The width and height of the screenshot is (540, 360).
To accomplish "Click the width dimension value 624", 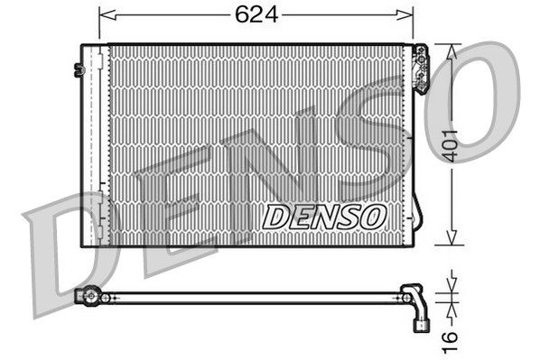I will (x=256, y=14).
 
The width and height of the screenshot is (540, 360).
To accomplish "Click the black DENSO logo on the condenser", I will (x=324, y=217).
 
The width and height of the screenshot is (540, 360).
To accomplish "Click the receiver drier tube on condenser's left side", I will (x=95, y=144).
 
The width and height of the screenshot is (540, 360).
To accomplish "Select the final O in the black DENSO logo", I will (x=374, y=217).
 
